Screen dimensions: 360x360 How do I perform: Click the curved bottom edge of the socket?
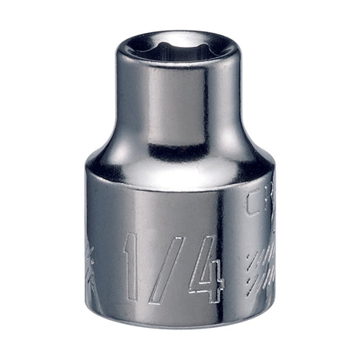180,333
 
